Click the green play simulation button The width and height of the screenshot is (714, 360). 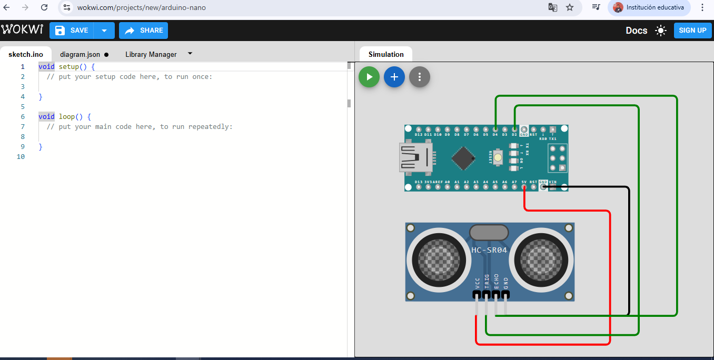(x=369, y=77)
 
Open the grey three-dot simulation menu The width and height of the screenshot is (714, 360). (x=420, y=77)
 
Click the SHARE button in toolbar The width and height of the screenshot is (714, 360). (x=143, y=31)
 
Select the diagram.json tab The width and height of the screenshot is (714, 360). (x=80, y=54)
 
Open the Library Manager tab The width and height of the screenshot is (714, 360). (x=151, y=54)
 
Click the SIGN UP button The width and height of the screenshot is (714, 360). (x=692, y=31)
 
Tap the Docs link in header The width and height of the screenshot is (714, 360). (x=636, y=31)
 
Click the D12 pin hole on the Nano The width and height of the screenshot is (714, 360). (x=418, y=129)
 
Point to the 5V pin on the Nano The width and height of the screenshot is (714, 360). (x=524, y=187)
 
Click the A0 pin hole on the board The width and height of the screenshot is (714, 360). (x=447, y=187)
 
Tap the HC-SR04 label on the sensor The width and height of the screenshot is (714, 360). (x=489, y=250)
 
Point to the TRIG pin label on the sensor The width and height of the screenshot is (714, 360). (x=487, y=282)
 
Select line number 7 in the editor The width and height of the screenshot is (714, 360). (x=23, y=126)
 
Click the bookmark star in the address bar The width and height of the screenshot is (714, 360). (x=569, y=7)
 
